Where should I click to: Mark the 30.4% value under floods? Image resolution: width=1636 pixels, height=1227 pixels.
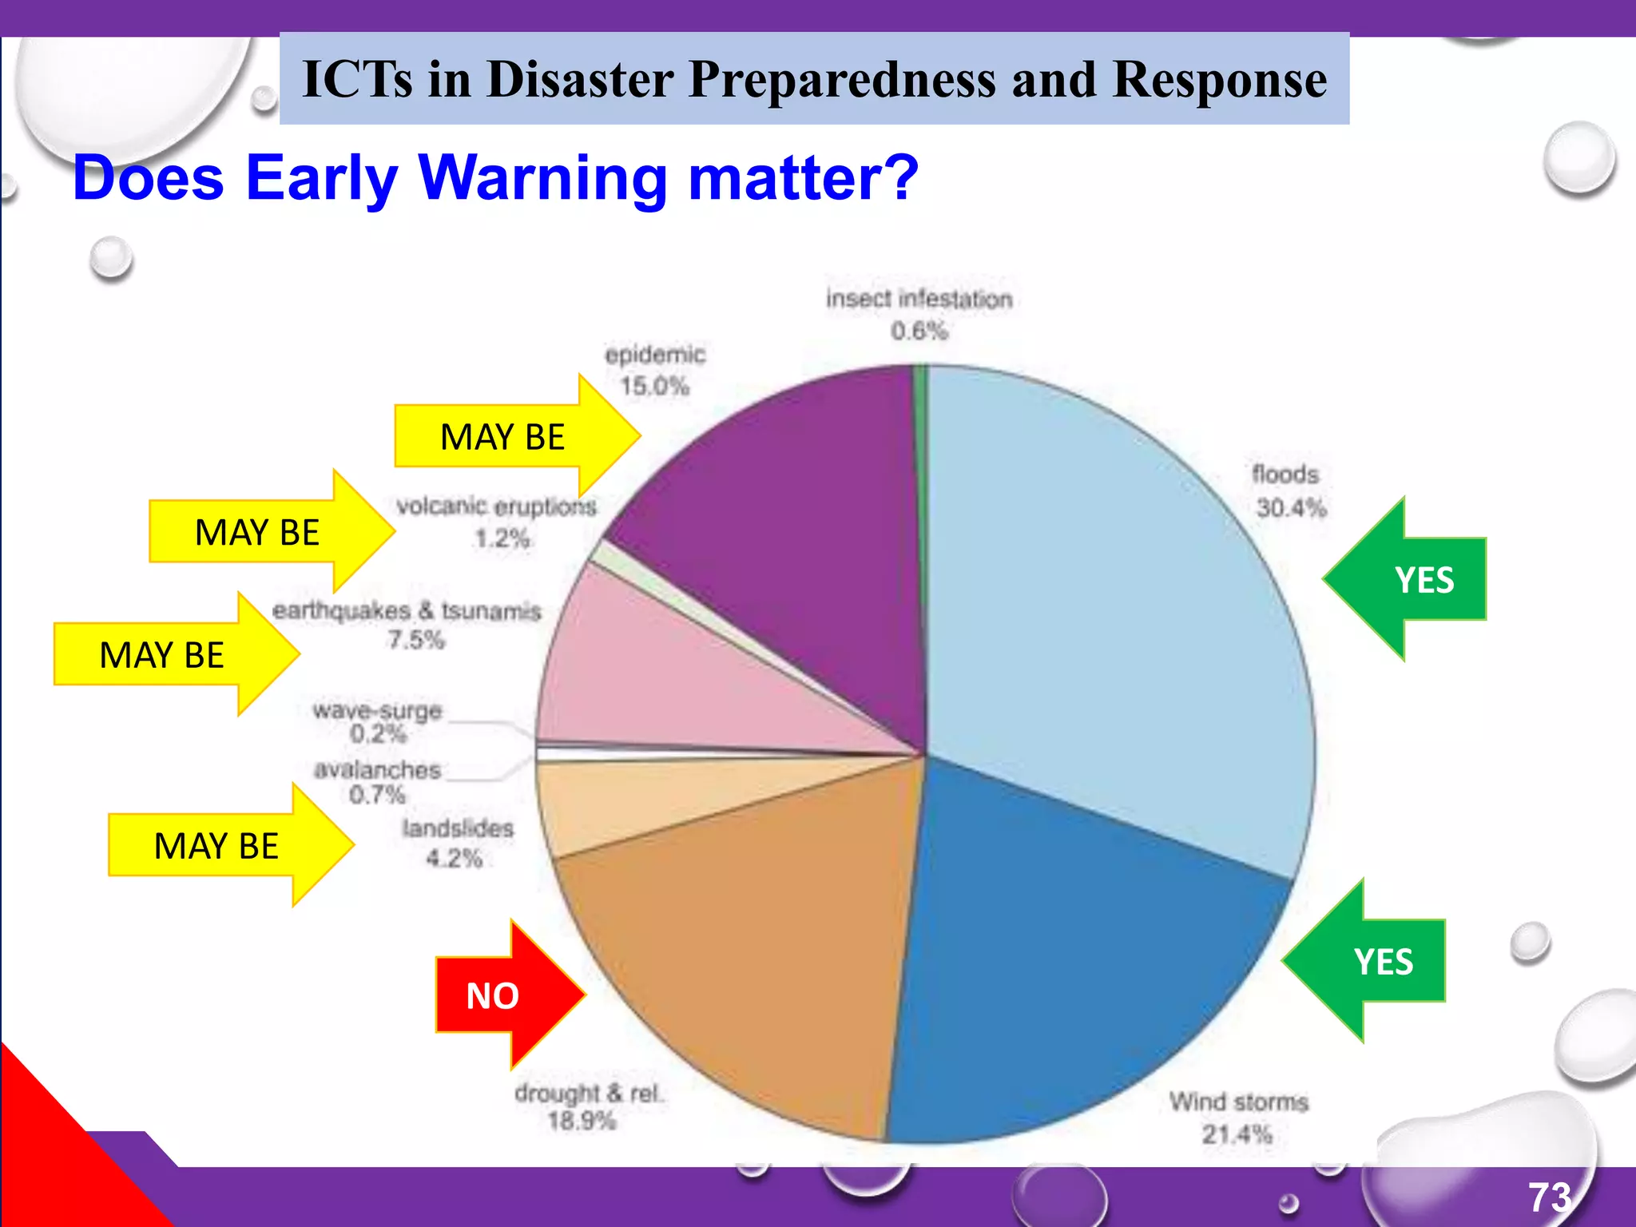click(x=1291, y=508)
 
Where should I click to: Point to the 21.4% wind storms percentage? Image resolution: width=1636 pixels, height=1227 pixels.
click(x=1237, y=1134)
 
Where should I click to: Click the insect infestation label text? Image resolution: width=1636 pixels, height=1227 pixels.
click(x=919, y=299)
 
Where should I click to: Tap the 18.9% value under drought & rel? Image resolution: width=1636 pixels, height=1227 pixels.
click(x=582, y=1121)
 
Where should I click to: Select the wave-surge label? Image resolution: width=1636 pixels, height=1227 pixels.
click(x=377, y=710)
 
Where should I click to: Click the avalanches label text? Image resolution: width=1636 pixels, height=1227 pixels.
click(x=377, y=770)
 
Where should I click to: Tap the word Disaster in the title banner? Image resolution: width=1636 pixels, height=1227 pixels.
click(x=581, y=79)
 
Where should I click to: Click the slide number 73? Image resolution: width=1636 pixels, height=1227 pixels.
click(x=1550, y=1197)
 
